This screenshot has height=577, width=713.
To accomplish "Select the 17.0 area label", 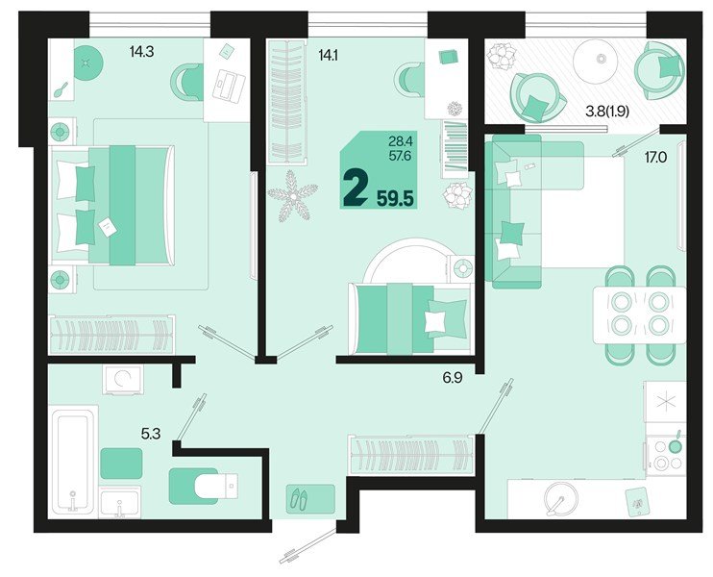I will point(657,151).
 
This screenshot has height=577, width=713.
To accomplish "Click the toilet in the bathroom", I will point(205,485).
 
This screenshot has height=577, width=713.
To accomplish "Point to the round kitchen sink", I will point(558,498).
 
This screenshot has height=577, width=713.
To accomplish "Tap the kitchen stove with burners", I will point(664,453).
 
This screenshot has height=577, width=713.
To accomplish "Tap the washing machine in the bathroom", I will point(122,380).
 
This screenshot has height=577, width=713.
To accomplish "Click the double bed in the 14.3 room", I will point(113,204).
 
